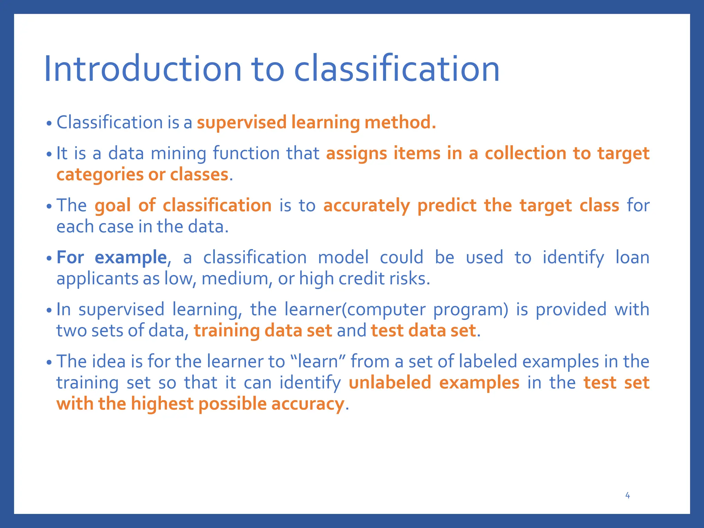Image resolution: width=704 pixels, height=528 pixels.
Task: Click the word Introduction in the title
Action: pos(143,69)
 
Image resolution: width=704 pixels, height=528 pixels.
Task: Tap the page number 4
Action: pos(627,495)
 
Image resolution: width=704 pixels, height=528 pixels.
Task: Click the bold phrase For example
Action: pos(111,257)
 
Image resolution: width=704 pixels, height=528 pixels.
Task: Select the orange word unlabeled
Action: pos(390,382)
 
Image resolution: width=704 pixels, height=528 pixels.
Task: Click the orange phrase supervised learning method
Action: pos(316,122)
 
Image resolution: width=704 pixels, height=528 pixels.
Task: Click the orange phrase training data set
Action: pos(263,330)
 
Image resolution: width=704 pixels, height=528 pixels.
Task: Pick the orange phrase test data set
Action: pos(423,330)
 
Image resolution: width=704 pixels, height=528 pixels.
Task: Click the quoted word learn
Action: pos(318,361)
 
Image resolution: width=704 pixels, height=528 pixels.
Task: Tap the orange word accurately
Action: pos(366,205)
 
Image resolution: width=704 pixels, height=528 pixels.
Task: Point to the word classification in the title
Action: pos(396,69)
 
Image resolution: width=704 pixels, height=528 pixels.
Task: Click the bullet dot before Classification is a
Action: pos(49,123)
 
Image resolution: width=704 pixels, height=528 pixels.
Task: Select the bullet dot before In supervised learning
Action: pos(49,310)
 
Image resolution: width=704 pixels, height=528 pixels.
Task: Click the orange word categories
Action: pos(100,174)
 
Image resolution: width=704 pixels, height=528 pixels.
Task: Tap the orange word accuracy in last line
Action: pos(307,404)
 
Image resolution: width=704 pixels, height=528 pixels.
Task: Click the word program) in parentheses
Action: pos(470,309)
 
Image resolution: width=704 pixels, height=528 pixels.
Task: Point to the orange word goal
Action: pos(112,205)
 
